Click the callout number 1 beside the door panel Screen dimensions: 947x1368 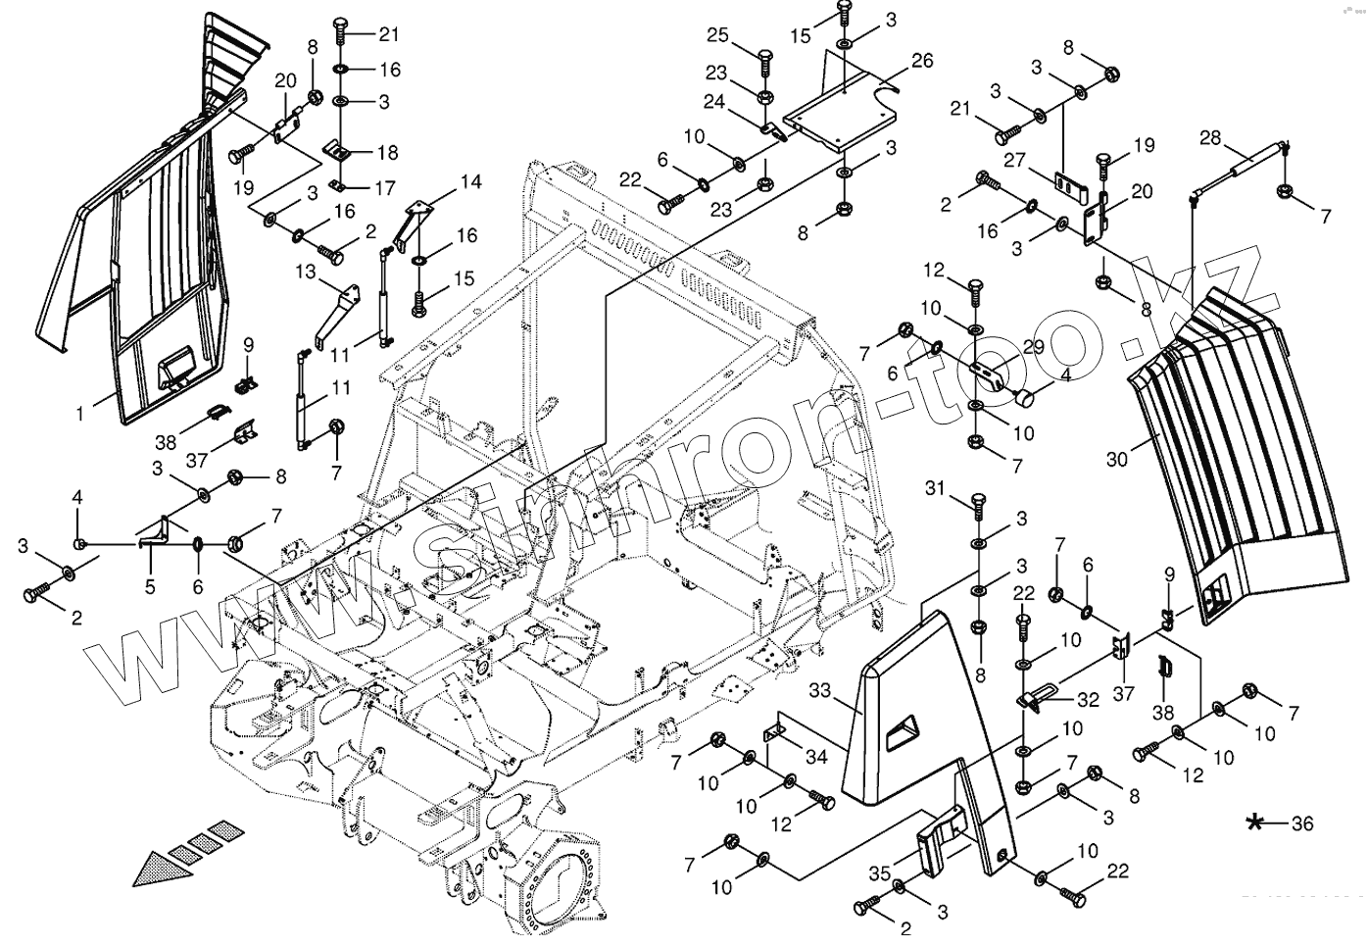81,415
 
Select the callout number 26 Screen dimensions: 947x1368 921,61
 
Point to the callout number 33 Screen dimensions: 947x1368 820,692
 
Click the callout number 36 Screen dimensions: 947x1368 1301,824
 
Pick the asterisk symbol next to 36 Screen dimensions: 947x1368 1255,823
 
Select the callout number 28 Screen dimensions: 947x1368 1210,137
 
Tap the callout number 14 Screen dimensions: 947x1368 471,181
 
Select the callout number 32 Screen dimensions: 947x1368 1088,700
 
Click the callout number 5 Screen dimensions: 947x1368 150,587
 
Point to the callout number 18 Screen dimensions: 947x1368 386,153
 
